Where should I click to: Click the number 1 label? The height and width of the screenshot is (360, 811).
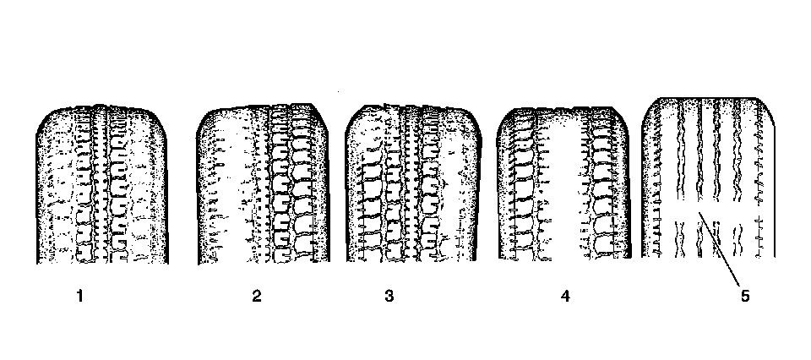79,296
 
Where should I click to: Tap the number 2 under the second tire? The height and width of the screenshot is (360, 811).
256,296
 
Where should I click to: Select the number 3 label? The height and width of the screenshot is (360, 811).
389,296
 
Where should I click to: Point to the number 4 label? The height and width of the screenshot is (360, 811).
564,296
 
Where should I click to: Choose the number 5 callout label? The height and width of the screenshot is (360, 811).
743,296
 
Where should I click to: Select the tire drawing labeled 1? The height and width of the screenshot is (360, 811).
101,186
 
